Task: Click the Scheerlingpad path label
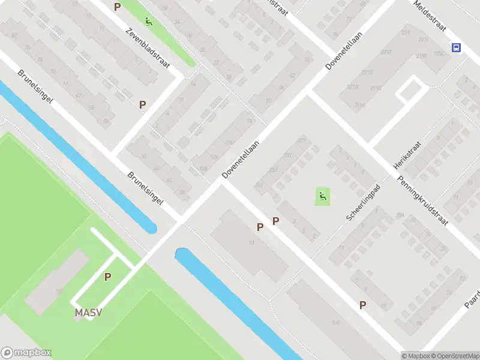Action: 364,201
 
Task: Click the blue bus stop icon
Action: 457,48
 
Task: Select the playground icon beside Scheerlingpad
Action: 323,196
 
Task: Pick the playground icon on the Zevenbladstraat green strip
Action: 148,22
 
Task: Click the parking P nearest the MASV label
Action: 107,277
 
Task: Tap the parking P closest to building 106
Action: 362,305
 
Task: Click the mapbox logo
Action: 26,353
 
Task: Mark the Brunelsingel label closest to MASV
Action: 145,189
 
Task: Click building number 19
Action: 251,242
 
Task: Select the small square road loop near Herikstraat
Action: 411,89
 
